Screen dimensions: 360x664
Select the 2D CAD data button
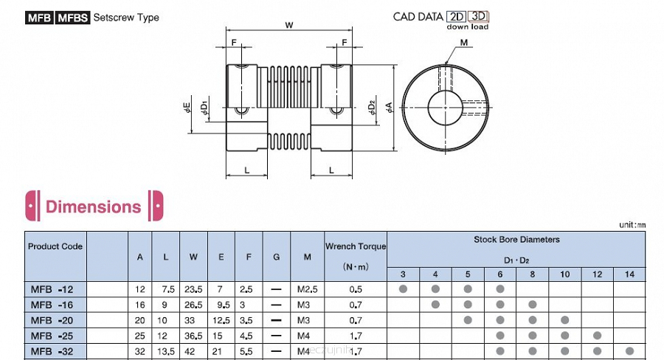point(456,16)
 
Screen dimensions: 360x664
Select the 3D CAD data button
point(478,16)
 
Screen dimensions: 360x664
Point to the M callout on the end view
point(463,43)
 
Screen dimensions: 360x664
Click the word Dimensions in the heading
point(93,207)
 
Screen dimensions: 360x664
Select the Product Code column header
point(55,246)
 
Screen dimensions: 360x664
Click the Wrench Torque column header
point(356,246)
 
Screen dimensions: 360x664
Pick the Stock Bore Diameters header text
point(516,240)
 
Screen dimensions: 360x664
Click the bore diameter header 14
point(629,274)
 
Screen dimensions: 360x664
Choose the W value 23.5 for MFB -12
point(193,289)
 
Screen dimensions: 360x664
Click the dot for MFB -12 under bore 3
point(403,288)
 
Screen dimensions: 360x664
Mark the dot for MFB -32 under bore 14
point(629,350)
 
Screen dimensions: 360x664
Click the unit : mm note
point(632,225)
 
